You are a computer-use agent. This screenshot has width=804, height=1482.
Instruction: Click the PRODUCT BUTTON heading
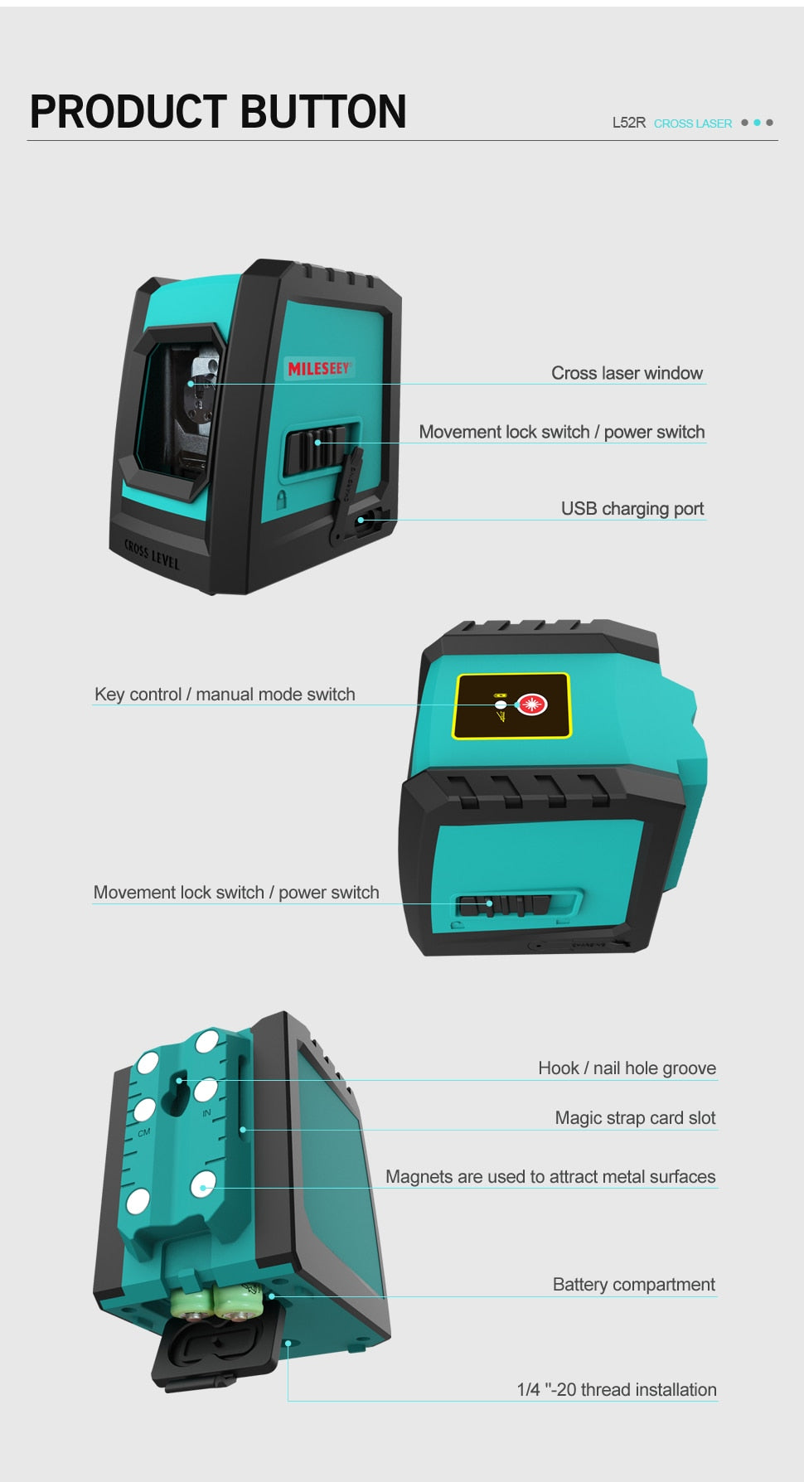tap(218, 112)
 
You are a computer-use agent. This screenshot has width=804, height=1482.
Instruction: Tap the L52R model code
tap(628, 123)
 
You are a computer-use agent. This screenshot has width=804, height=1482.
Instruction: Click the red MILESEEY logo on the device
tap(319, 367)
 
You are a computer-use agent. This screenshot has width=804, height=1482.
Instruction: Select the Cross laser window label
tap(627, 373)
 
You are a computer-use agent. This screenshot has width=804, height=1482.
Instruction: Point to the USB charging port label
tap(632, 508)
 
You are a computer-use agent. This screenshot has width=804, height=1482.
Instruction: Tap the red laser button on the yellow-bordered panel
tap(531, 705)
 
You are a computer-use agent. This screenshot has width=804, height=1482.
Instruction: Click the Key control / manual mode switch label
tap(225, 694)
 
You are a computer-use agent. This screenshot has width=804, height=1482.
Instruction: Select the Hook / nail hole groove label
tap(627, 1068)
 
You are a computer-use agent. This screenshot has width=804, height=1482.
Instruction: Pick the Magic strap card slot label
tap(635, 1117)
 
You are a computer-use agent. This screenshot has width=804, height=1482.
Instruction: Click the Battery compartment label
tap(633, 1284)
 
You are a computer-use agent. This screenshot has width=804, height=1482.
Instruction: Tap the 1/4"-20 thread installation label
tap(617, 1389)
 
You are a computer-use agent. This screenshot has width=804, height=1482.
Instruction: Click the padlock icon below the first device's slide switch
tap(282, 499)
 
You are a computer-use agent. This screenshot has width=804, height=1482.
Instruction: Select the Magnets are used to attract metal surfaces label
tap(550, 1176)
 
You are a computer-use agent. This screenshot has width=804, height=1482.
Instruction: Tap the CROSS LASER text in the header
tap(692, 123)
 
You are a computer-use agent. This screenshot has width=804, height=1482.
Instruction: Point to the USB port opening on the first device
tap(363, 521)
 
